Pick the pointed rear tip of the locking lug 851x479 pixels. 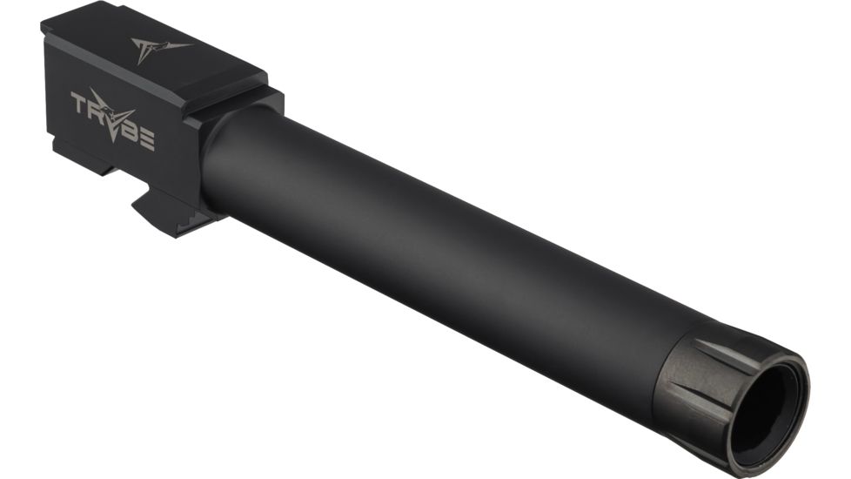click(134, 206)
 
